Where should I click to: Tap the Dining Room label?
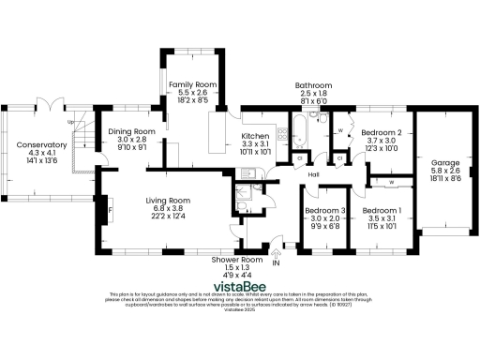click(x=131, y=132)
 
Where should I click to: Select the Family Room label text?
click(x=192, y=85)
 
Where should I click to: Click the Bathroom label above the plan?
click(x=314, y=84)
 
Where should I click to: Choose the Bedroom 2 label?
click(x=382, y=133)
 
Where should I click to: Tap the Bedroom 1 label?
click(x=382, y=210)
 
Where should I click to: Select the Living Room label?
click(x=168, y=200)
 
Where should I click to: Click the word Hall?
click(x=314, y=174)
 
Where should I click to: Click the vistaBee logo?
click(x=239, y=280)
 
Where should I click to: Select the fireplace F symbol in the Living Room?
click(x=111, y=212)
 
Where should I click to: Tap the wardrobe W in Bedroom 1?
click(x=390, y=182)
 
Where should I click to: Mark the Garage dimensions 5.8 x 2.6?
click(x=445, y=171)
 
